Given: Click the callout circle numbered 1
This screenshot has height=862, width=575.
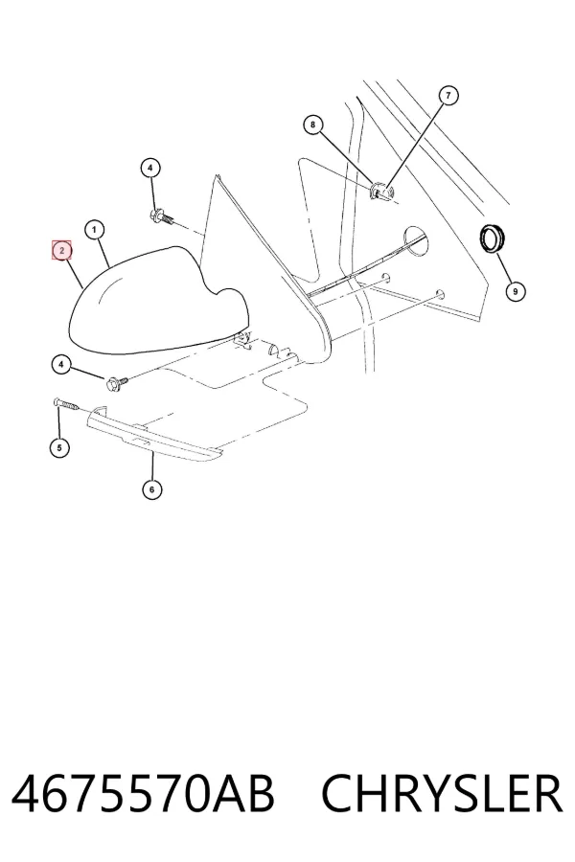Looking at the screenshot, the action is [x=95, y=230].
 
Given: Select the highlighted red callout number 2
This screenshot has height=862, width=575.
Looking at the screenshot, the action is [x=61, y=251].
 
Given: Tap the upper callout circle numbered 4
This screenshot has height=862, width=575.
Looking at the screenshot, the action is [x=150, y=168].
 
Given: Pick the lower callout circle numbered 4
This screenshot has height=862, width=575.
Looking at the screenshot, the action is [x=61, y=364].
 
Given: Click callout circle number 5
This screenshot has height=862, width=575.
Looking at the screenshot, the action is [x=59, y=447].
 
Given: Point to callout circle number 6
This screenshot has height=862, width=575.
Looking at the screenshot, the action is [x=151, y=488].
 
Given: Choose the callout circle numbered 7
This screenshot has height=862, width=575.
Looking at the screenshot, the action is [x=448, y=96].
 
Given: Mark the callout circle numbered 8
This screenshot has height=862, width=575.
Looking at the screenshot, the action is [x=312, y=125].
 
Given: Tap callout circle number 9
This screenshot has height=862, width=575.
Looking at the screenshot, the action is [x=515, y=291].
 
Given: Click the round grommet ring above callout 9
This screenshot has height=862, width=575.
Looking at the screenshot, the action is [x=492, y=238].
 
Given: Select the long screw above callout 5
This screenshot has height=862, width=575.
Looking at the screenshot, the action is [x=68, y=404].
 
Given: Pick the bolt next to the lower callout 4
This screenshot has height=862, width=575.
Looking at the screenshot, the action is [x=118, y=380].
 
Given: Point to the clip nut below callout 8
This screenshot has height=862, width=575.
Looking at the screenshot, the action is [x=381, y=192].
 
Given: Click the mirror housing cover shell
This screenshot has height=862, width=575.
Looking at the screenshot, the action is [x=158, y=301].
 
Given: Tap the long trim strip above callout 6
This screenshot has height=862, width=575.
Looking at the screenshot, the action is [x=156, y=434].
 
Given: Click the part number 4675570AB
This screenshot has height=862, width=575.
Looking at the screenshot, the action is [x=143, y=794].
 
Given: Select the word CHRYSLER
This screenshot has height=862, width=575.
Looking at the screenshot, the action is [x=442, y=794].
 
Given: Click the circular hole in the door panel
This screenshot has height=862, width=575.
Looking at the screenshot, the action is [x=416, y=240].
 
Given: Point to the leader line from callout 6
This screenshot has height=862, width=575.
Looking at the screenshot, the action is [x=152, y=464].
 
